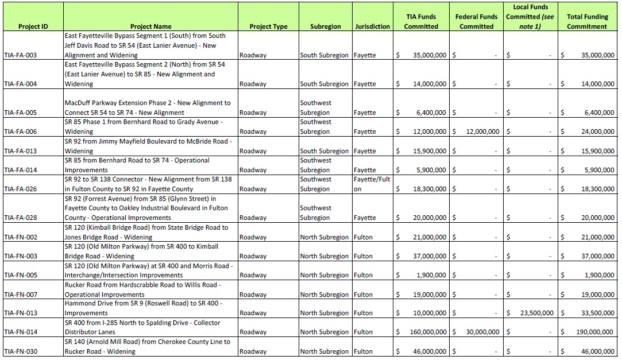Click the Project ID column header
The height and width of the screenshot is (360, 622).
pos(33,26)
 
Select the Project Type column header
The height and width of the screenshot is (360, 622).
pos(268,26)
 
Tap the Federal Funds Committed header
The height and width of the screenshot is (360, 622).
pos(476,22)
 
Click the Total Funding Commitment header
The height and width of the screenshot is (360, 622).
pos(587,22)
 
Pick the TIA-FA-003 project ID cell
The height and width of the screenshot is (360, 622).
pos(20,55)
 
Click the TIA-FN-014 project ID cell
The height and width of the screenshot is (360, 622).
pos(20,332)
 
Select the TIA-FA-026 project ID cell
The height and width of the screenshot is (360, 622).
pos(20,189)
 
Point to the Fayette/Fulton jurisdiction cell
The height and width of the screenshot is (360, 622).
pos(372,184)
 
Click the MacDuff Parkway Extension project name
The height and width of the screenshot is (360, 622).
pos(148,107)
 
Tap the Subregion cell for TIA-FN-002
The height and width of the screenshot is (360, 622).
pos(324,237)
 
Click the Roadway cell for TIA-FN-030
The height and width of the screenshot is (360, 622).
pos(253,351)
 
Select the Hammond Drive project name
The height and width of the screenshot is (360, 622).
pos(143,308)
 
